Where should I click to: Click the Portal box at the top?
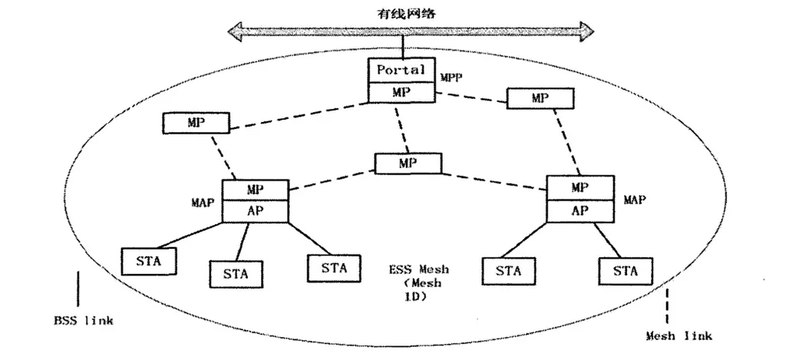(400, 70)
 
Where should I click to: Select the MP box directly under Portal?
(400, 91)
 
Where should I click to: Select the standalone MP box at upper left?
(196, 122)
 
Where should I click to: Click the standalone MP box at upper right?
(540, 98)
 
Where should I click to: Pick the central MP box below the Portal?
(408, 163)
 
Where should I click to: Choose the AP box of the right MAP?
(580, 210)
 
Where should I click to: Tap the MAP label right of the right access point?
(635, 200)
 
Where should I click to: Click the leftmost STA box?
(147, 260)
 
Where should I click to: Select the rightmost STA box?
(625, 271)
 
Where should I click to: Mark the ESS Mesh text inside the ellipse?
(418, 270)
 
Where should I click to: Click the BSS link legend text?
(83, 320)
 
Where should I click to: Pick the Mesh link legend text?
(679, 335)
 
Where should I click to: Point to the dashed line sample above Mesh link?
(666, 306)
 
